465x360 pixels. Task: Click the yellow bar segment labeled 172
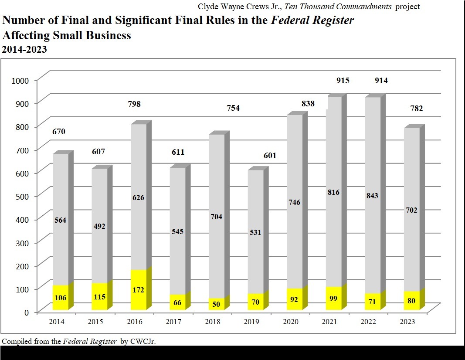(138, 290)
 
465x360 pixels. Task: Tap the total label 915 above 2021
(343, 81)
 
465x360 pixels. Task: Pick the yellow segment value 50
(217, 304)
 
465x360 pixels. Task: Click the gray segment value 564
(60, 220)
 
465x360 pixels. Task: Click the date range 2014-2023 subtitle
(24, 50)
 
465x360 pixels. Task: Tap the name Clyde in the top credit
(208, 7)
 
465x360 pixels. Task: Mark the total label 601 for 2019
(270, 156)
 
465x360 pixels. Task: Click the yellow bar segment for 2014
(61, 297)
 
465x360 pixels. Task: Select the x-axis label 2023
(408, 322)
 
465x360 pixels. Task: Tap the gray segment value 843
(372, 196)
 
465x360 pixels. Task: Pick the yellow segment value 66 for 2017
(177, 302)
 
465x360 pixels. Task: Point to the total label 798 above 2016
(134, 104)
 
